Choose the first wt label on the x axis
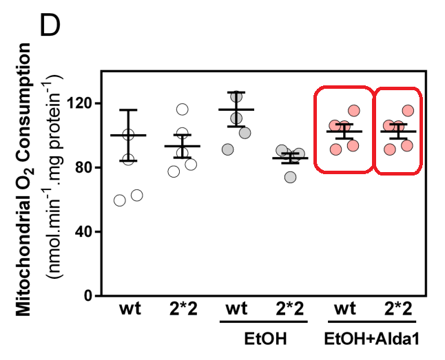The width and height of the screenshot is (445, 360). [x=128, y=309]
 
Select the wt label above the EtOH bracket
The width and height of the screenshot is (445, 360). [x=236, y=309]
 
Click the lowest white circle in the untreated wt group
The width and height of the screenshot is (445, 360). [x=119, y=200]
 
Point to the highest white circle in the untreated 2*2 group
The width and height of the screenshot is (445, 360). [x=182, y=109]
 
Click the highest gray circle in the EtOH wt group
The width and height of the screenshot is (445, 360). [x=236, y=97]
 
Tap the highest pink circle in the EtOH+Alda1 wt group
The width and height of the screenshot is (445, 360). [x=354, y=110]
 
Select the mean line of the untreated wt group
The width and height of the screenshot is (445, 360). [x=128, y=136]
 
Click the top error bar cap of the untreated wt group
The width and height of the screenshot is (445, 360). [x=128, y=110]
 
